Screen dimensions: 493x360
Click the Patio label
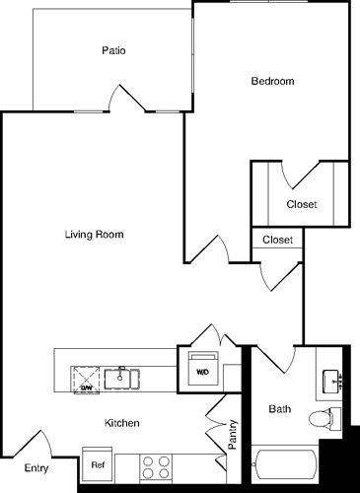(112, 50)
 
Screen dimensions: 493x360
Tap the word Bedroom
(273, 82)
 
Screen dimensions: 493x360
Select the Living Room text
(94, 235)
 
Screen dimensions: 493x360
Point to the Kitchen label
(122, 423)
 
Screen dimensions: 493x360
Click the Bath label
(280, 408)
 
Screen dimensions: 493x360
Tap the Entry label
(36, 468)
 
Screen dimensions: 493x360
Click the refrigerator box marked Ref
(98, 464)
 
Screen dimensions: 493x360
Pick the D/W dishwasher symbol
(87, 377)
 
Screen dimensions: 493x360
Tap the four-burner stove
(155, 465)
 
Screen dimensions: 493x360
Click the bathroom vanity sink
(332, 380)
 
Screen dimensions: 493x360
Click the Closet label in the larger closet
(301, 205)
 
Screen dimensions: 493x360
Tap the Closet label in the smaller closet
(277, 239)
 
